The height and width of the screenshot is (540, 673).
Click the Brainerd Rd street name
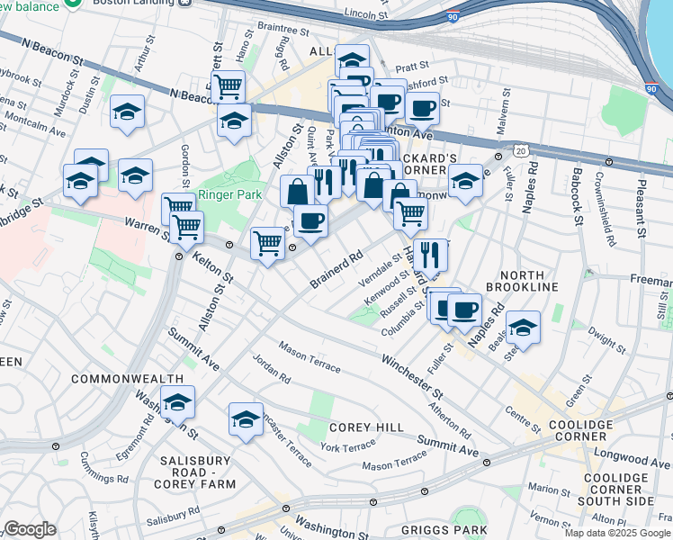[x=336, y=269]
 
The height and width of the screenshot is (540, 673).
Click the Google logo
[x=30, y=529]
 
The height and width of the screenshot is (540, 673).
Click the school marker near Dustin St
[x=128, y=112]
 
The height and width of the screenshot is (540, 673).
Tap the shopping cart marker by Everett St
[x=229, y=86]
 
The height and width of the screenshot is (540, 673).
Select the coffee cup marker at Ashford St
[x=421, y=108]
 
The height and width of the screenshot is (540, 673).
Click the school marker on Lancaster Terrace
[x=246, y=418]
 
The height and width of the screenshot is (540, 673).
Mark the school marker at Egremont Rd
[x=177, y=402]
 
